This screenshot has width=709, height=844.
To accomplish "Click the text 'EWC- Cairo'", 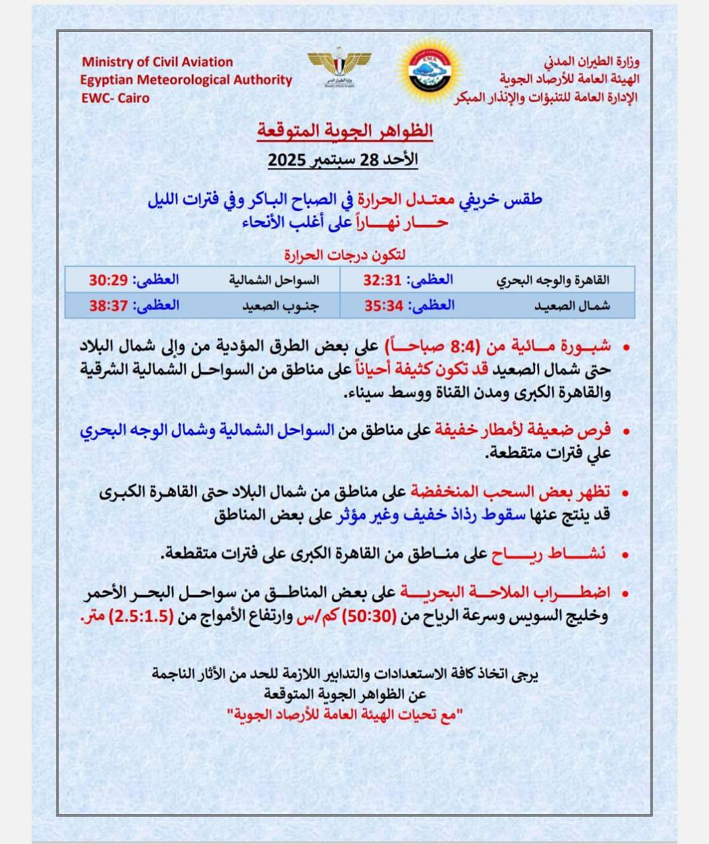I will (x=115, y=98).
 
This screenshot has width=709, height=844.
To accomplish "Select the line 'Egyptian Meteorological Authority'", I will (x=186, y=80).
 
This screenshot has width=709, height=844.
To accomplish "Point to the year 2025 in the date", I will (x=285, y=160).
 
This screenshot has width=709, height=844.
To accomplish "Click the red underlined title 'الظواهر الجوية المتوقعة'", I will (x=345, y=130).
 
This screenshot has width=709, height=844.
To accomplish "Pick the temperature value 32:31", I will (x=382, y=280).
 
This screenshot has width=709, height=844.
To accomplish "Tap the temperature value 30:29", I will (x=108, y=280).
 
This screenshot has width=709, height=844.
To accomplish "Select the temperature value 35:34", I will (x=382, y=305).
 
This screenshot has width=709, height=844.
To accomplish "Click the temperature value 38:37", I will (x=108, y=305).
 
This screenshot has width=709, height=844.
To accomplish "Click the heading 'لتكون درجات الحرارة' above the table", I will (x=345, y=254).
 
